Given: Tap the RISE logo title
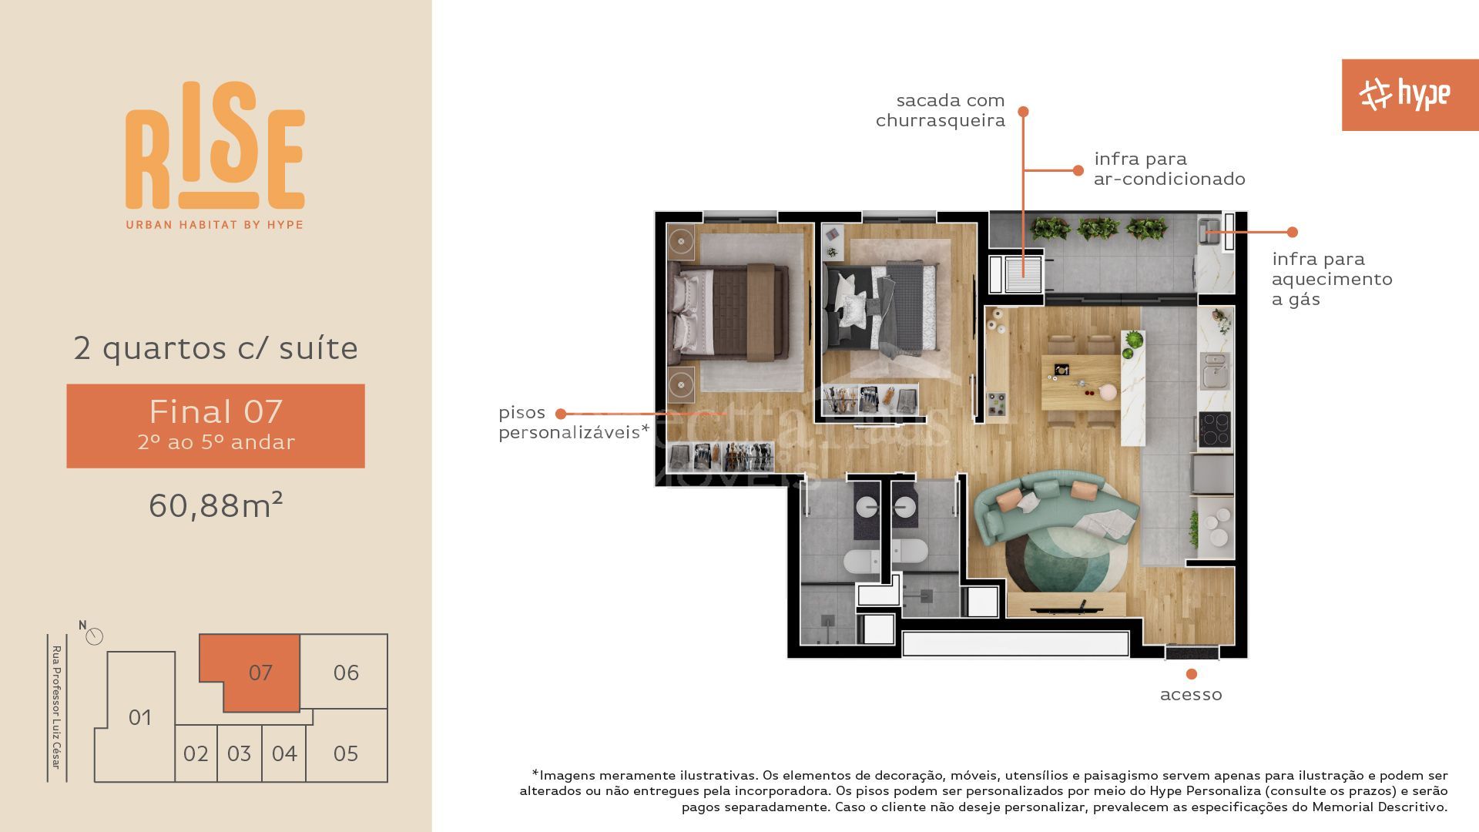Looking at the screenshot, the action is pyautogui.click(x=215, y=146).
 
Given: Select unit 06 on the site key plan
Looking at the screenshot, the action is pyautogui.click(x=344, y=672).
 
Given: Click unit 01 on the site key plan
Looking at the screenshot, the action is pyautogui.click(x=139, y=717).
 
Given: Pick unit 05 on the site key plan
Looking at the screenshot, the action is pyautogui.click(x=346, y=753).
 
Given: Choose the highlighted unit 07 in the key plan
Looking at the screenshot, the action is pyautogui.click(x=258, y=673).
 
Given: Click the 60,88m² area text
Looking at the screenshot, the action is pyautogui.click(x=216, y=505).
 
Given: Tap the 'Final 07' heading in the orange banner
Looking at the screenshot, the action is pyautogui.click(x=216, y=411).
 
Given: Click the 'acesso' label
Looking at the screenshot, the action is pyautogui.click(x=1191, y=695).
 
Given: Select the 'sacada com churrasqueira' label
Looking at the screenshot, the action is pyautogui.click(x=941, y=110).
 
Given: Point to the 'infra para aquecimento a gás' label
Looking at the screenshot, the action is pyautogui.click(x=1332, y=279).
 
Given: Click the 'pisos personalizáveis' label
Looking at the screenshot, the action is pyautogui.click(x=573, y=422).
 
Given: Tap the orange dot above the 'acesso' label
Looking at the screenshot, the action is pyautogui.click(x=1192, y=674).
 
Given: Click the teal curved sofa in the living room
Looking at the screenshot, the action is pyautogui.click(x=1055, y=508).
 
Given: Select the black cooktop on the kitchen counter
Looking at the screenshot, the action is pyautogui.click(x=1215, y=430).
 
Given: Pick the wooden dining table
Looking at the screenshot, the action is pyautogui.click(x=1081, y=382).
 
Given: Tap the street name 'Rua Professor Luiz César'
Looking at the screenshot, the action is pyautogui.click(x=56, y=707).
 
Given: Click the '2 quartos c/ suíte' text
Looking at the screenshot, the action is pyautogui.click(x=216, y=348).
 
